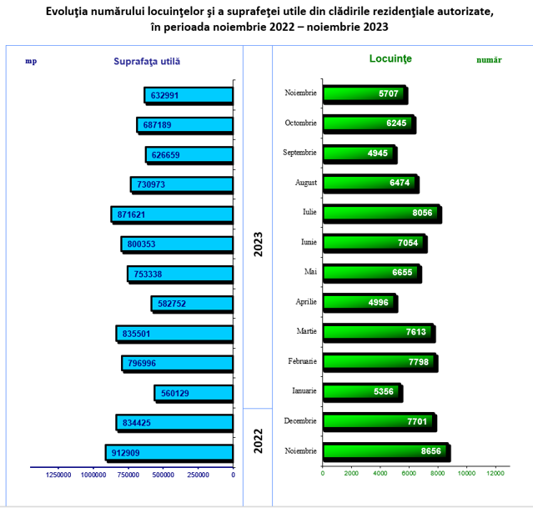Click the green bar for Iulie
coord(382,214)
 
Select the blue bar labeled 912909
coord(169,453)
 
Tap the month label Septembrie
coord(299,153)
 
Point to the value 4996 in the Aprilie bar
coord(378,302)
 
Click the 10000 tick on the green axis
coord(466,473)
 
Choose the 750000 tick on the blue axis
coord(128,475)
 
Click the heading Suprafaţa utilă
coord(147,62)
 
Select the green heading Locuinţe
coord(390,59)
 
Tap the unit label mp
coord(31,61)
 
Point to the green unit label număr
coord(489,60)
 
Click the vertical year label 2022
coord(259,440)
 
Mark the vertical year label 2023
coord(259,244)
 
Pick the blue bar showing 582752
coord(192,304)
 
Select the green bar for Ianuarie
coord(363,393)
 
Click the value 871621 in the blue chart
coord(131,215)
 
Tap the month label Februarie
coord(302,361)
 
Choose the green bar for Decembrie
coord(380,422)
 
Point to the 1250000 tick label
coord(58,475)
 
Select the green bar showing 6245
coord(370,124)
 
